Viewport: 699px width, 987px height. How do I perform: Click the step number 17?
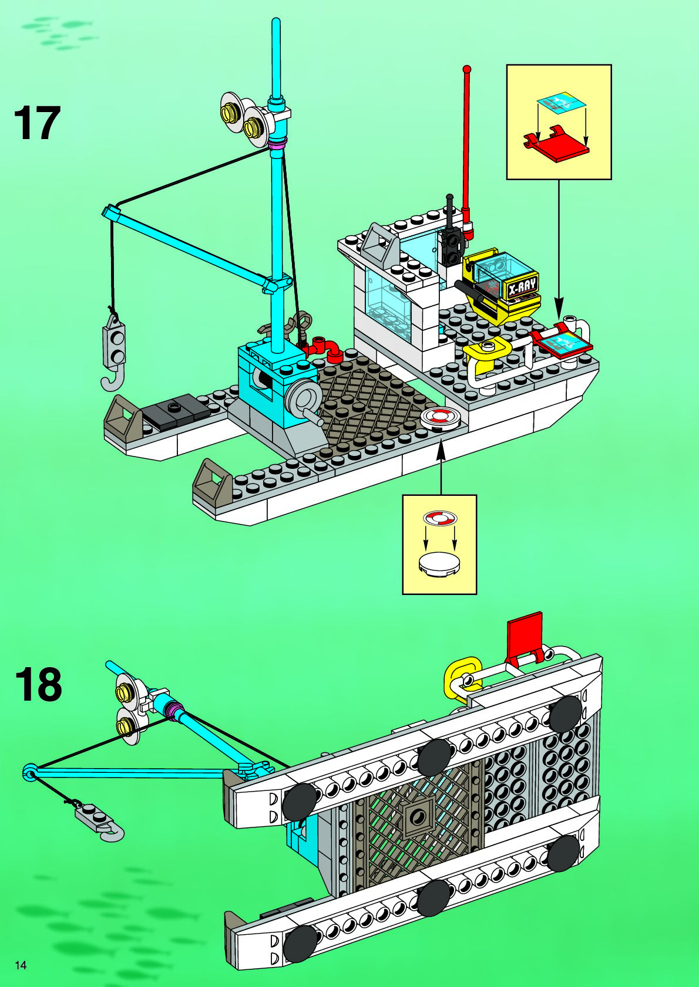(x=36, y=123)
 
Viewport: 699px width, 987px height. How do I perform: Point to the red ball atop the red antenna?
(x=468, y=69)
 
